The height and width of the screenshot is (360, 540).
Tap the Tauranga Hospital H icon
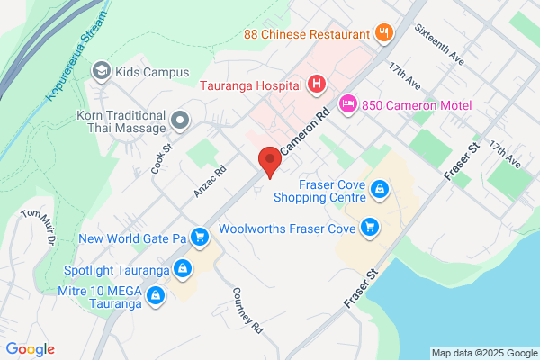(316, 85)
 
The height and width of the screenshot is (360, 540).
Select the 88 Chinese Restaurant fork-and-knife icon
(384, 34)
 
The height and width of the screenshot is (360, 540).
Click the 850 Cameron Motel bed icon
(347, 106)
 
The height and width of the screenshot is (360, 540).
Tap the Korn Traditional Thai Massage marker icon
(181, 119)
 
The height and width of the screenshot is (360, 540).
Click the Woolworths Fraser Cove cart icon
(367, 228)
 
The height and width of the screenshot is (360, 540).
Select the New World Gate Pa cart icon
(200, 238)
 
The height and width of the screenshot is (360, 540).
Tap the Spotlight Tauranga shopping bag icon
(183, 269)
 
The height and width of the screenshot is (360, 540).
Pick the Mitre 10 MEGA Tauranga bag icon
(157, 294)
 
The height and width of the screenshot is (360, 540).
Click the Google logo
(31, 349)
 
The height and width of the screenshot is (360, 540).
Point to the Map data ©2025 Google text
(482, 352)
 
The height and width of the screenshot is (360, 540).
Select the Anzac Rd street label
(210, 180)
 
